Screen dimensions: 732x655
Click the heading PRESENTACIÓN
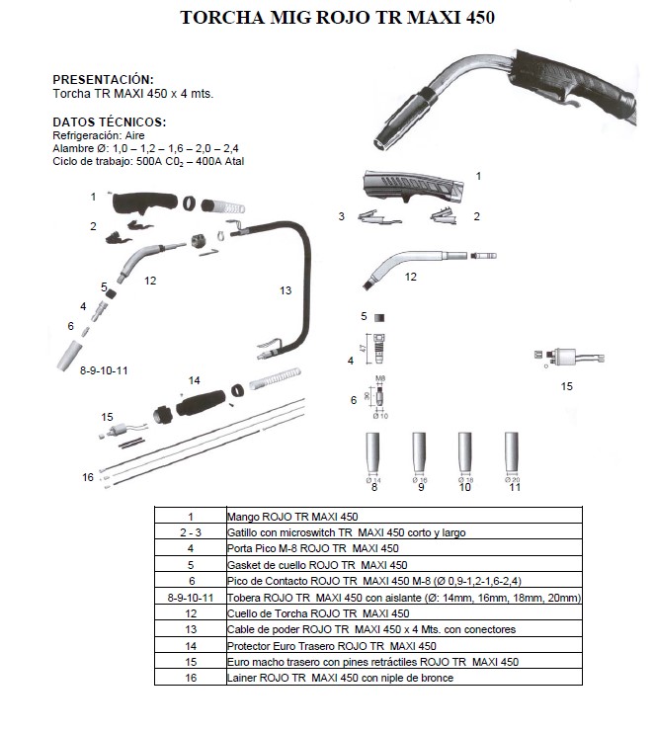click(x=103, y=79)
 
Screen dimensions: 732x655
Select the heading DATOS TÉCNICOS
click(x=109, y=122)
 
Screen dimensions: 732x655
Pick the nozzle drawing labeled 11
click(x=513, y=454)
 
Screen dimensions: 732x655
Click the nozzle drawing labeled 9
click(x=420, y=454)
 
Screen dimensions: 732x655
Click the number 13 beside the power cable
click(x=286, y=290)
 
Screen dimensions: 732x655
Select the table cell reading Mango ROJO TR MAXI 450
click(x=292, y=517)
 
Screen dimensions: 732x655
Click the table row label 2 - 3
click(x=190, y=532)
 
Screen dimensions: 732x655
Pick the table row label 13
click(x=190, y=629)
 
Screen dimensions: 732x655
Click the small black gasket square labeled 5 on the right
click(x=379, y=317)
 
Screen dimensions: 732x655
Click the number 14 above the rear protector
click(x=194, y=380)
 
